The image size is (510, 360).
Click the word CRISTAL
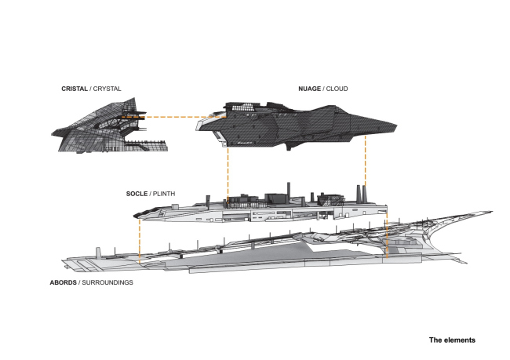pyautogui.click(x=75, y=89)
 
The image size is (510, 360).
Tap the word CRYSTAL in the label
pyautogui.click(x=108, y=89)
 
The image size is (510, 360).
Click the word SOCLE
pyautogui.click(x=137, y=193)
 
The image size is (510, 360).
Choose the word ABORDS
pyautogui.click(x=63, y=282)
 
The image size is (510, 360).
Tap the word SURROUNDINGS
pyautogui.click(x=109, y=282)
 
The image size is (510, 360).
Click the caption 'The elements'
pyautogui.click(x=451, y=340)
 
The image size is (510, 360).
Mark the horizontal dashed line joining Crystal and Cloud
pyautogui.click(x=173, y=118)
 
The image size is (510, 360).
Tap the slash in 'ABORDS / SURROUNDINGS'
pyautogui.click(x=81, y=282)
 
